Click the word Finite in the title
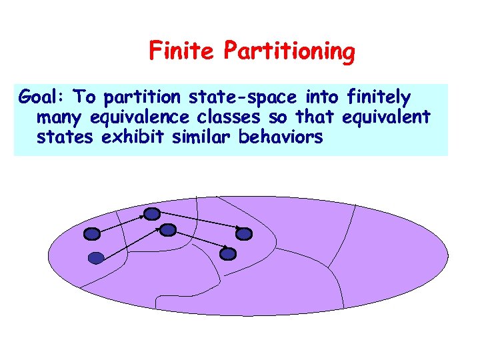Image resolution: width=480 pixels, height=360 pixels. point(183,50)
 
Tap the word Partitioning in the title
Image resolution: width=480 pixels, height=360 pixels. point(290,52)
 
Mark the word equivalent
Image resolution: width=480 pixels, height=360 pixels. point(386,118)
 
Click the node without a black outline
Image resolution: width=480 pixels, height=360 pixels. point(96,258)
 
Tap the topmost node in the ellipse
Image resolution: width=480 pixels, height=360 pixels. point(153,214)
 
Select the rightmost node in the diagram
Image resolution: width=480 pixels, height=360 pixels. point(245,233)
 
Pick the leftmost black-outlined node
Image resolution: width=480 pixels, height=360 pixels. point(92,234)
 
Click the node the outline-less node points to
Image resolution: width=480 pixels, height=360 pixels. point(168,230)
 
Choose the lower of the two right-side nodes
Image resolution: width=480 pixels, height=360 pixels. point(228,253)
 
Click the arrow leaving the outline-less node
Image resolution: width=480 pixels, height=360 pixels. point(132,244)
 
